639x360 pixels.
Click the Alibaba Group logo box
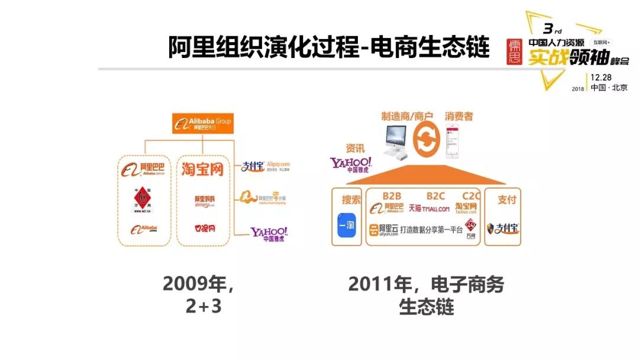pos(203,123)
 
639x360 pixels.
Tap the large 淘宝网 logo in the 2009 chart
pos(202,169)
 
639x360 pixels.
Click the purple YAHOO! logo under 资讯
pos(351,165)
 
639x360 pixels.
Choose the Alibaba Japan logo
pos(144,229)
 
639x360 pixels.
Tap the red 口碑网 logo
pos(204,228)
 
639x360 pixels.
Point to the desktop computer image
pos(396,141)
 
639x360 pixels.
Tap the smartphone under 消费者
pos(453,140)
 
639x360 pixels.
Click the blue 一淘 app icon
pos(350,226)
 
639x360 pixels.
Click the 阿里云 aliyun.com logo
pos(382,230)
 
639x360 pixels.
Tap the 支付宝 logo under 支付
pos(502,228)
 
